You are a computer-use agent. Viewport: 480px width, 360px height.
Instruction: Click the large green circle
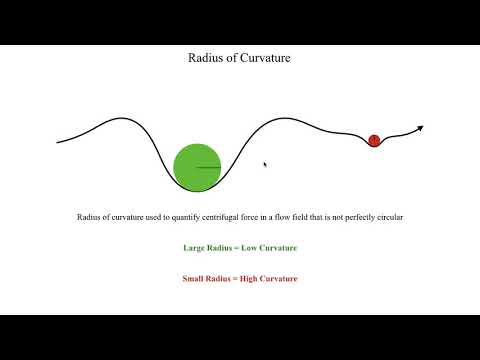click(x=197, y=167)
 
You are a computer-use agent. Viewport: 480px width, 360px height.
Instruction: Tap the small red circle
click(x=374, y=140)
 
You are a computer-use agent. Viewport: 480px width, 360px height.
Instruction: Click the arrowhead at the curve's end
click(x=420, y=128)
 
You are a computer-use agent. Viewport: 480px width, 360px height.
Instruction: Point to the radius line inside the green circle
click(x=208, y=167)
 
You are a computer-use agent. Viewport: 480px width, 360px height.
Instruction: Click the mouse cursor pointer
click(x=265, y=165)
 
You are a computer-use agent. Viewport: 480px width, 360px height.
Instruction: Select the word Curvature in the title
click(x=263, y=57)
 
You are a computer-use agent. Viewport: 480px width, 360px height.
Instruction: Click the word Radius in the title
click(x=204, y=57)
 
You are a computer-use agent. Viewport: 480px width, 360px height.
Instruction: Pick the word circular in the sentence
click(x=387, y=217)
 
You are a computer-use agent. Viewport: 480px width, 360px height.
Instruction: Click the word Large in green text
click(x=195, y=247)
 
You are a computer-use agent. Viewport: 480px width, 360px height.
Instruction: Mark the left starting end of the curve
click(x=58, y=141)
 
